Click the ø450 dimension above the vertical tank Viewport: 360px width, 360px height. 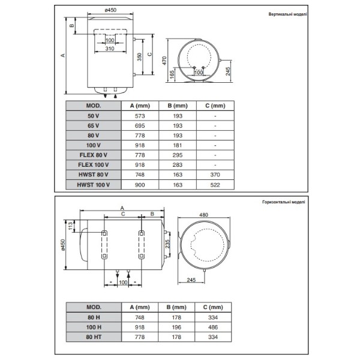tap(110, 10)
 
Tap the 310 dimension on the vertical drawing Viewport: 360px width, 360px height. tap(110, 49)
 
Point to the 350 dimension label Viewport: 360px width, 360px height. tap(139, 57)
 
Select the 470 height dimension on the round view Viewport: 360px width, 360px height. tap(164, 61)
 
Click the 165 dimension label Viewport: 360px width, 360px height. tap(172, 74)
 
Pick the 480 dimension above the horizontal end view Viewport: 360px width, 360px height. tap(203, 215)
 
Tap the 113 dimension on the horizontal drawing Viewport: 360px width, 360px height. tap(71, 226)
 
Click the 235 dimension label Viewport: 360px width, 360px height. tap(167, 244)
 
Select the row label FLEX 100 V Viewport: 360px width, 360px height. tap(94, 165)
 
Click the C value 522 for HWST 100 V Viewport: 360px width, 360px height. tap(215, 185)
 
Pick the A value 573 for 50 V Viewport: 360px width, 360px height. tap(140, 116)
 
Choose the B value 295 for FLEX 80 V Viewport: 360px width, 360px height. tap(178, 155)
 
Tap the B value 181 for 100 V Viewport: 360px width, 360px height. tap(178, 145)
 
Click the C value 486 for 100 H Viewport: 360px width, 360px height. tap(213, 327)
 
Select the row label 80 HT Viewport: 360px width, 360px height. tap(94, 337)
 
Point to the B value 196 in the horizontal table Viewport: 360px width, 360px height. tap(176, 327)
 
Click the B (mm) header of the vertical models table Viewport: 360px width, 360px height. tap(178, 106)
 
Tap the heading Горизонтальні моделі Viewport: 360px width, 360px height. tap(284, 202)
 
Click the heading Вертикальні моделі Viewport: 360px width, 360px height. tap(287, 14)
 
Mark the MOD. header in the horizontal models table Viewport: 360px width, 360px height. tap(94, 307)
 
